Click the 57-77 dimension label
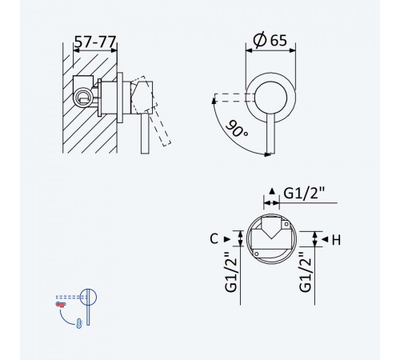coord(95,42)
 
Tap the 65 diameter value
coord(278,40)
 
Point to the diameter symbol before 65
coord(260,40)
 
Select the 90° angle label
coord(236,129)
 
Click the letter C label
coord(214,238)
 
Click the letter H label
coord(336,240)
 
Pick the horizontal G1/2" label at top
coord(304,193)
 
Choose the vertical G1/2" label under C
coord(230,272)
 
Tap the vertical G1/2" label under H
coord(305,272)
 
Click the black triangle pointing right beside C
coord(227,239)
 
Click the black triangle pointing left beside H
coord(325,239)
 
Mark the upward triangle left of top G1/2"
coord(272,191)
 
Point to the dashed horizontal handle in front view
coord(234,98)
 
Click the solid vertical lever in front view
coord(270,134)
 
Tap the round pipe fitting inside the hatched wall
coord(83,98)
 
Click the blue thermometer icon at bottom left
coord(79,323)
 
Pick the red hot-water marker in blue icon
coord(61,304)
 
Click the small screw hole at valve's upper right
coord(286,224)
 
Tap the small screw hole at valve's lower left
coord(257,254)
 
